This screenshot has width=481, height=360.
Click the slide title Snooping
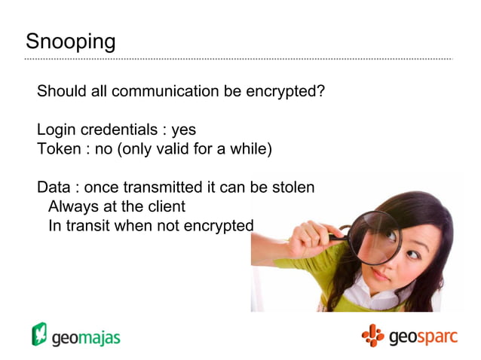click(70, 41)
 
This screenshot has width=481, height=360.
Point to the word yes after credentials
click(183, 130)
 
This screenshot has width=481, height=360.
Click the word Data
click(53, 188)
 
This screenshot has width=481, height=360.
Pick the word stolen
click(293, 188)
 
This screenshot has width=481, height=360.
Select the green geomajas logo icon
click(39, 334)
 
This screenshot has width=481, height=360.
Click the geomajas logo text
click(86, 337)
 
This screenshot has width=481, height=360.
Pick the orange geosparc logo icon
click(372, 334)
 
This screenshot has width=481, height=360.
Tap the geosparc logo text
click(423, 336)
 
